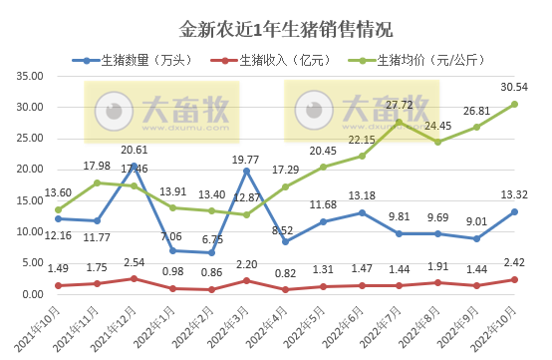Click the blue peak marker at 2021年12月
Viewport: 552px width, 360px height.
point(134,166)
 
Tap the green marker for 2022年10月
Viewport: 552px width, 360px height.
point(513,104)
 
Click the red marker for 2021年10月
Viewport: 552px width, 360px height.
point(58,285)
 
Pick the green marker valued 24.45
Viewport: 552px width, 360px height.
point(437,142)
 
